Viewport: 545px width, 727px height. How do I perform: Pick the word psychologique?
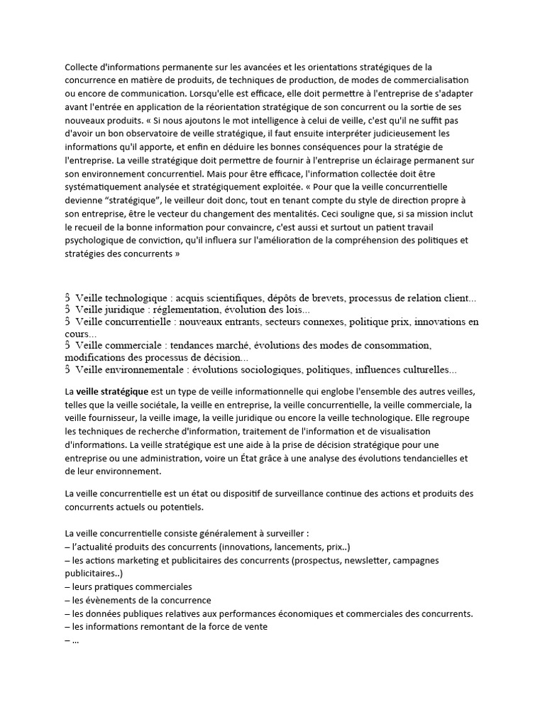(97, 239)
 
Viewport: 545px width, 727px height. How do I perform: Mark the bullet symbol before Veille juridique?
(67, 310)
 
